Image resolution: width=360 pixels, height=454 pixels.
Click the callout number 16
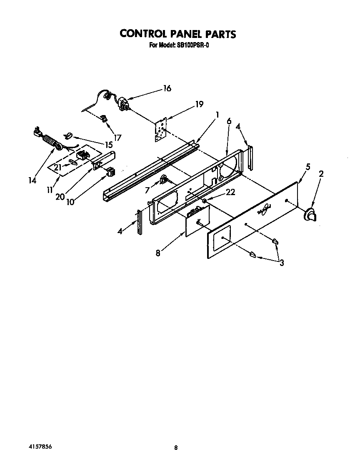coord(167,88)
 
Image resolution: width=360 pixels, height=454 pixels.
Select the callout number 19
coord(199,104)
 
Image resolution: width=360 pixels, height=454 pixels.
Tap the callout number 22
coord(230,192)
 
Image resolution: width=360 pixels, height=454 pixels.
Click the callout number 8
coord(158,253)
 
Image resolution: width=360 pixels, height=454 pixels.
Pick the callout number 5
coord(307,166)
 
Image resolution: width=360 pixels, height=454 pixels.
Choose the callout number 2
coord(321,174)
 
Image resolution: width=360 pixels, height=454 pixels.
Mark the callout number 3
coord(282,263)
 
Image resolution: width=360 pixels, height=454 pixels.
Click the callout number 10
coord(70,202)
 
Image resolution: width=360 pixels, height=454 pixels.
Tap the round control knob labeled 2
coord(310,214)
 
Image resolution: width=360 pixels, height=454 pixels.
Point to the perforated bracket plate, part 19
coord(160,130)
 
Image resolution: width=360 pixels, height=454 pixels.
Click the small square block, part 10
coord(111,171)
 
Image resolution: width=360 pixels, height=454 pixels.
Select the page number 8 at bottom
coord(176,448)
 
